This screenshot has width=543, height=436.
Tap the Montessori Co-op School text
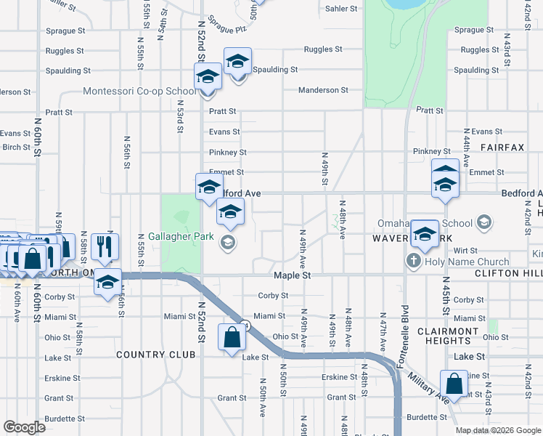click(x=139, y=92)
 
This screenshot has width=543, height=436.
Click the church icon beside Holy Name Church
click(x=414, y=262)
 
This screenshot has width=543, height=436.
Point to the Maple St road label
click(x=292, y=276)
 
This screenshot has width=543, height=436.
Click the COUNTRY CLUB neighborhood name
click(x=155, y=355)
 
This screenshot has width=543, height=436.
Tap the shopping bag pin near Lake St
click(x=232, y=338)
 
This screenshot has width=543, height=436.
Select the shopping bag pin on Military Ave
click(x=454, y=384)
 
